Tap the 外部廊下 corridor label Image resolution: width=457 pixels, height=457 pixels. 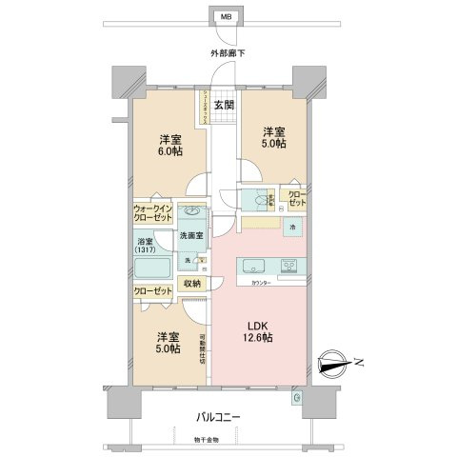[x=228, y=53]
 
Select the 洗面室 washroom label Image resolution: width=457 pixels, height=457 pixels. [x=190, y=235]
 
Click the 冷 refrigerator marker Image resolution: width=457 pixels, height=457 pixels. [x=292, y=229]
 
